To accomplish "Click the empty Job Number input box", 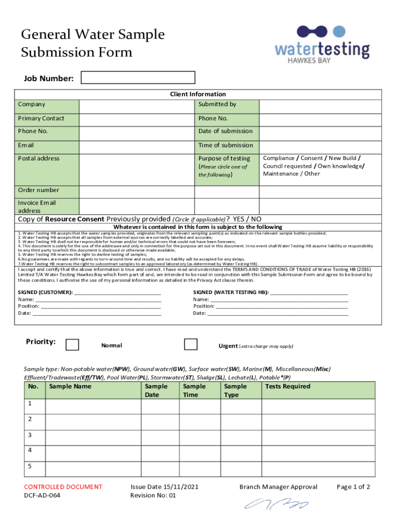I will coord(139,78).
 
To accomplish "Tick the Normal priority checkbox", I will coord(72,345).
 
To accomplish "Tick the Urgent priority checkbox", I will coord(191,344).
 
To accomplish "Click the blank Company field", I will coord(136,107).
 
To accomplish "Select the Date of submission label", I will coord(225,131).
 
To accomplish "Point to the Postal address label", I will coord(39,158).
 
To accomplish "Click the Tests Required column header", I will coord(287,387).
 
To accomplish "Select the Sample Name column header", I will coord(70,387).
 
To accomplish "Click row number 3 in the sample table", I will coord(30,435).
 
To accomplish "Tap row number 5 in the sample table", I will coord(30,465).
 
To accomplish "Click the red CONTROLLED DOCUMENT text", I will coord(63,487).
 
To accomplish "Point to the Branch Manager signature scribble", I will coord(276,504).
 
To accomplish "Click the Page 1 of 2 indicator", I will coord(353,487).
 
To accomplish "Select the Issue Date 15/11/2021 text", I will coord(164,487).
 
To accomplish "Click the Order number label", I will coord(38,190).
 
